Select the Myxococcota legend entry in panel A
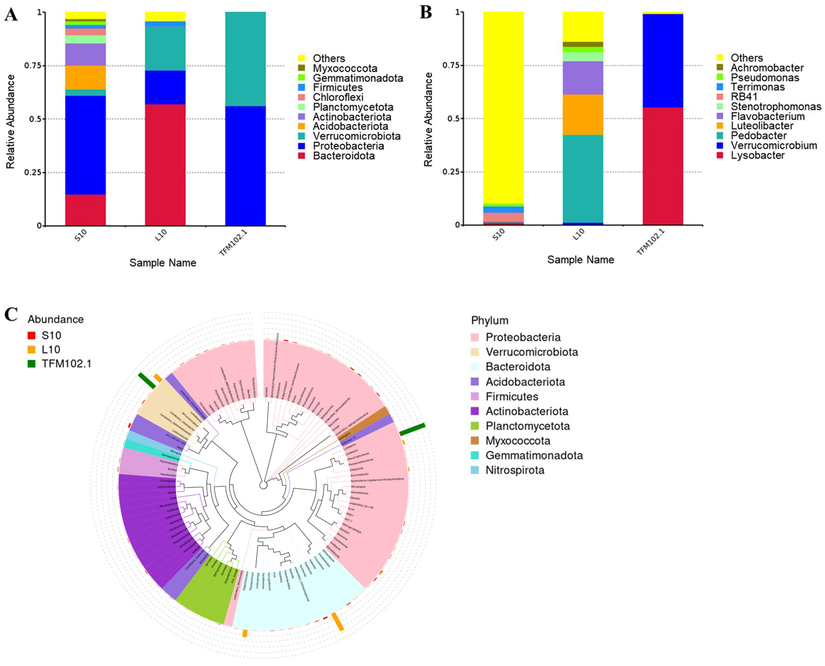click(345, 68)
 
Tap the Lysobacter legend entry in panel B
click(757, 155)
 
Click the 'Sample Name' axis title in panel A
click(163, 263)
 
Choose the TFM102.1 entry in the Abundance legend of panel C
click(66, 364)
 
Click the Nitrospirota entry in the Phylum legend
click(514, 470)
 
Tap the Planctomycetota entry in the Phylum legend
click(527, 426)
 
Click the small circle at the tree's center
click(263, 485)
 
